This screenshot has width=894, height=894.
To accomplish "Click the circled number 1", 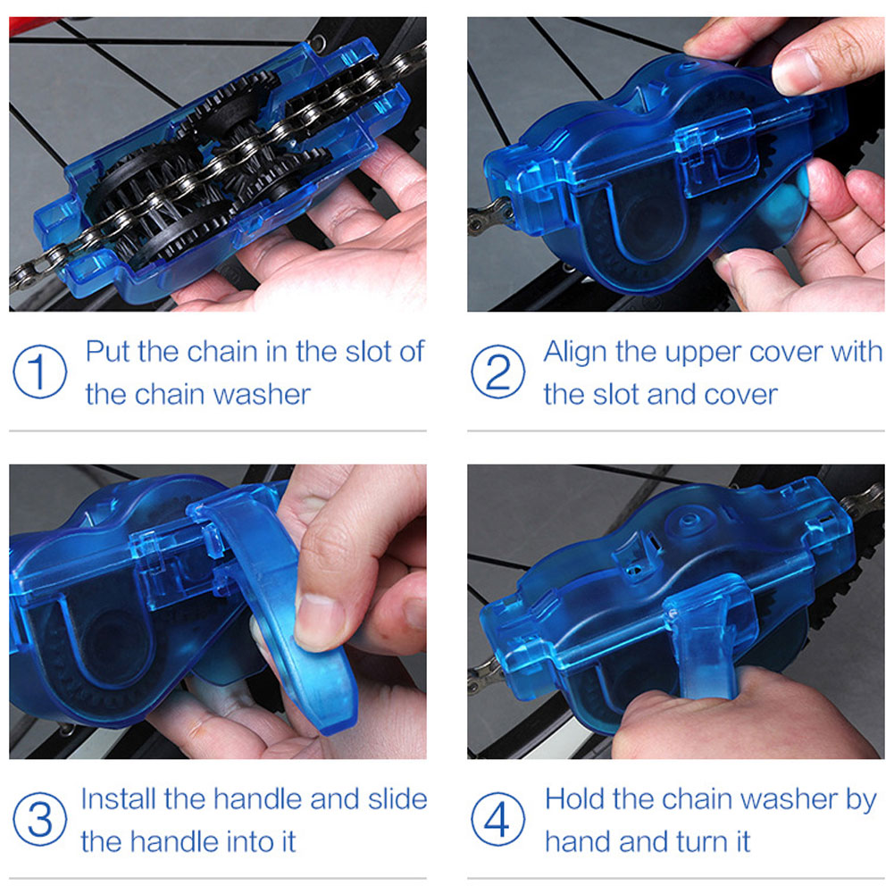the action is click(40, 372).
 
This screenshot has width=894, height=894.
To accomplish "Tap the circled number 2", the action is click(497, 372).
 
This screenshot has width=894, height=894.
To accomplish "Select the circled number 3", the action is click(40, 819).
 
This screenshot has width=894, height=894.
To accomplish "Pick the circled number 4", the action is click(497, 819).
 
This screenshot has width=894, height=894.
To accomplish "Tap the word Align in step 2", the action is click(575, 353).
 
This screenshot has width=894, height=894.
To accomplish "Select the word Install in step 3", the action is click(119, 798).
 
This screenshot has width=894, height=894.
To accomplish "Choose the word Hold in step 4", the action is click(573, 798).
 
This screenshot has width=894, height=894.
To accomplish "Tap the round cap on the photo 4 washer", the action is click(689, 521).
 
